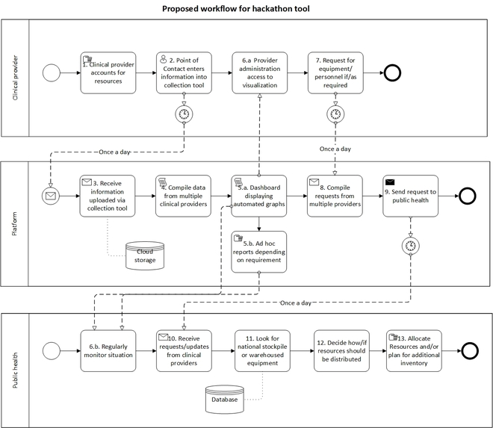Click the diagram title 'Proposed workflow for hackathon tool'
pyautogui.click(x=246, y=8)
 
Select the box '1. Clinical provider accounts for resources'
pyautogui.click(x=108, y=72)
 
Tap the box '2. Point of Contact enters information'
pyautogui.click(x=185, y=72)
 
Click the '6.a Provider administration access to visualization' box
pyautogui.click(x=259, y=72)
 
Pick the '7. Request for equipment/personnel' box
pyautogui.click(x=335, y=72)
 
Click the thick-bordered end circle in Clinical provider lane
pyautogui.click(x=393, y=72)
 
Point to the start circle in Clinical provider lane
pyautogui.click(x=52, y=72)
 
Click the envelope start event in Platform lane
pyautogui.click(x=52, y=196)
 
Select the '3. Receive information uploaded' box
pyautogui.click(x=108, y=196)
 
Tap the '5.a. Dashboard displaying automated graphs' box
pyautogui.click(x=259, y=196)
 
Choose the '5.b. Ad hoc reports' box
pyautogui.click(x=259, y=252)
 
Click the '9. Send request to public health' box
pyautogui.click(x=410, y=196)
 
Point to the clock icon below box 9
pyautogui.click(x=410, y=244)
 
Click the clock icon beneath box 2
pyautogui.click(x=185, y=114)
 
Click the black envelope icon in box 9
pyautogui.click(x=390, y=181)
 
